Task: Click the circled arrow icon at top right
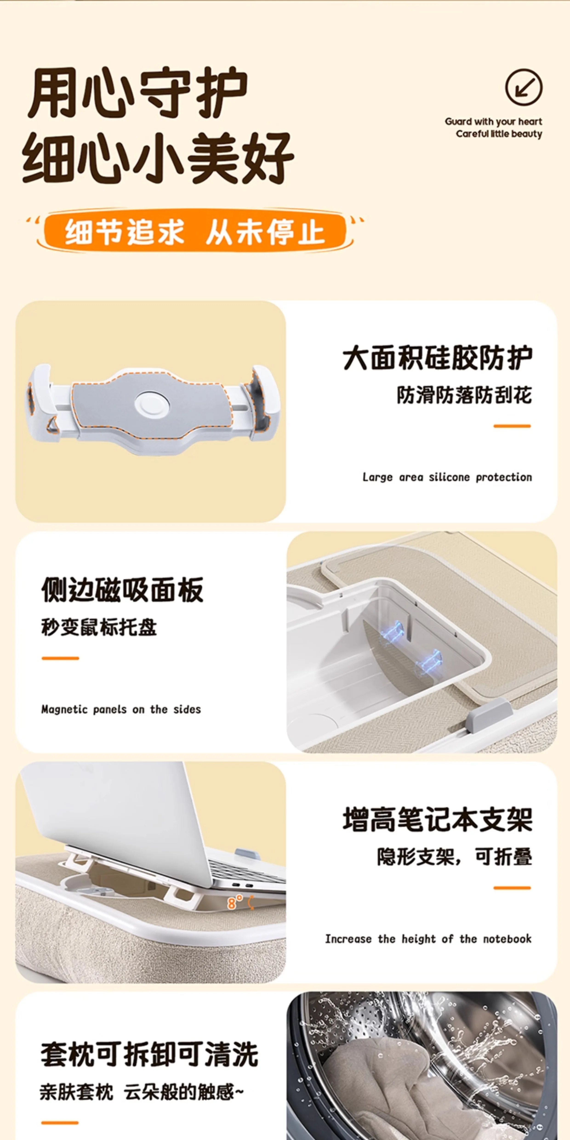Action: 524,87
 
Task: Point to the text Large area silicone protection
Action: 447,477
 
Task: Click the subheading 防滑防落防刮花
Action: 464,395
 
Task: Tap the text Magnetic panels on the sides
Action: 121,710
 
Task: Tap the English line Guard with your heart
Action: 493,121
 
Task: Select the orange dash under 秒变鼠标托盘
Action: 60,658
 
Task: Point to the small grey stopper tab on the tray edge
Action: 490,712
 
